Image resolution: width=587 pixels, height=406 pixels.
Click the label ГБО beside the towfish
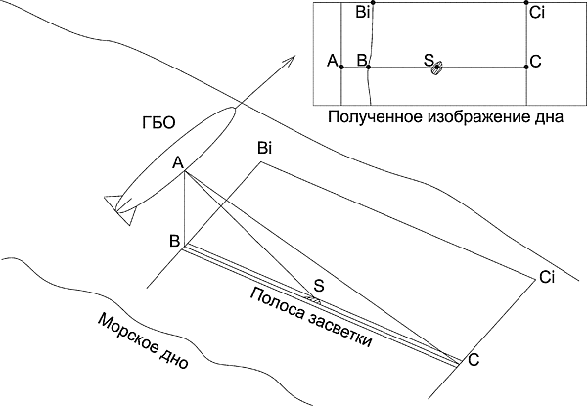tap(158, 123)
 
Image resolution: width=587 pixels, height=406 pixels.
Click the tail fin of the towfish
tap(119, 210)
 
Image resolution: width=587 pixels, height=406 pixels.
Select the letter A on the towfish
tap(178, 163)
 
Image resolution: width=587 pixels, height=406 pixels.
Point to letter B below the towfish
tap(175, 241)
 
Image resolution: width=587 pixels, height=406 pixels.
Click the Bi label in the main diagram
tap(264, 149)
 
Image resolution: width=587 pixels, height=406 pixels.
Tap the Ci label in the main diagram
tap(547, 277)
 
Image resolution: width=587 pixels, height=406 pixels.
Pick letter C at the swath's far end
tap(474, 360)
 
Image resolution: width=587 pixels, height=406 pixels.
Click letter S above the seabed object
tap(319, 286)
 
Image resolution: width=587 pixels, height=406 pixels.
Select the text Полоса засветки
tap(311, 318)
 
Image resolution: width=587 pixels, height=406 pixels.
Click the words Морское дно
tap(143, 341)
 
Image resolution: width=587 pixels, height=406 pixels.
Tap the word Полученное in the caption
tap(375, 117)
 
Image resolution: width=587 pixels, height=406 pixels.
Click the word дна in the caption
tap(550, 117)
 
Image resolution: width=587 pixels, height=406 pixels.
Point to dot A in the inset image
tap(341, 67)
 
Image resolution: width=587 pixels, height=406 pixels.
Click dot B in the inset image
tap(369, 67)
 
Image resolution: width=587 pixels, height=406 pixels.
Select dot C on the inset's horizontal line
tap(526, 67)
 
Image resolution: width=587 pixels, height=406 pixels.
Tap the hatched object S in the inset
tap(437, 68)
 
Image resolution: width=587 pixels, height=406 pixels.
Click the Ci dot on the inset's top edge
tap(526, 3)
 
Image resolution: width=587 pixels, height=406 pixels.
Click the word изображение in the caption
tap(478, 117)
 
